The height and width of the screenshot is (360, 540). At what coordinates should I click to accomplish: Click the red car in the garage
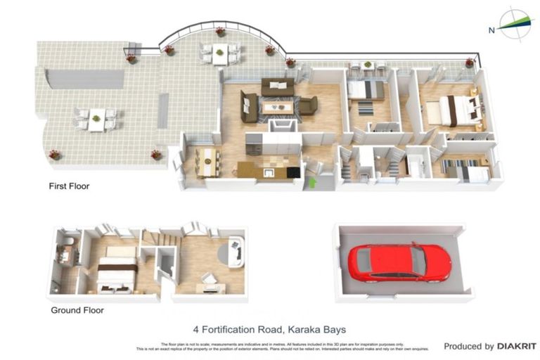tap(399, 262)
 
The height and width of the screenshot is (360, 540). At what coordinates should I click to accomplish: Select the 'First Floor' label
tap(69, 186)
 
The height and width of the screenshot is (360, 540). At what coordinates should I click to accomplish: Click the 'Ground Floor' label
tap(77, 309)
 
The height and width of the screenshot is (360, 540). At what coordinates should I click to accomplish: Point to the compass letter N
tap(491, 30)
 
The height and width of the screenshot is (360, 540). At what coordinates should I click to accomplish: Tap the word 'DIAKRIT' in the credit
tap(517, 346)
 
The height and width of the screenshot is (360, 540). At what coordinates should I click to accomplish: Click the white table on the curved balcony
tap(220, 52)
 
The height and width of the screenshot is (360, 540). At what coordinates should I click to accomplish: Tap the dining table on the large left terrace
tap(96, 118)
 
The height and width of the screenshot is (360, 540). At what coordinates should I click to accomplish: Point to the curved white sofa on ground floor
tap(236, 252)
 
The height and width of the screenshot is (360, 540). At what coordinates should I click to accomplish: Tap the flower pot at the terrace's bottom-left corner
tap(54, 154)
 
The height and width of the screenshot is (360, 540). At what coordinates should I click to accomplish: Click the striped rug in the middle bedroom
tap(366, 108)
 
